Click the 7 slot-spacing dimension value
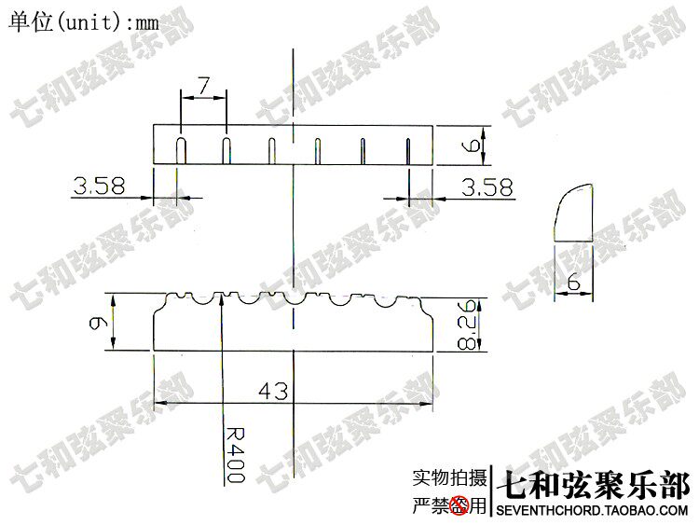click(204, 86)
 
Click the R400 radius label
click(235, 454)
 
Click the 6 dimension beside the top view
click(473, 146)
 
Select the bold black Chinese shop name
click(596, 485)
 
